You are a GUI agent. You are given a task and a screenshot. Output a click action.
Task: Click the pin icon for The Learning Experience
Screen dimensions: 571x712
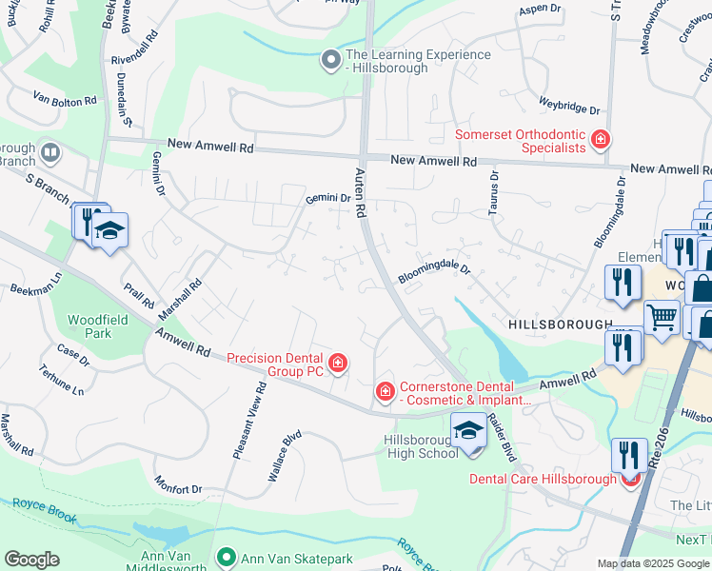(x=331, y=61)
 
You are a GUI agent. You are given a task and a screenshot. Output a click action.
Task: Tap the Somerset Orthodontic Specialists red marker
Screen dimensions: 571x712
(x=601, y=141)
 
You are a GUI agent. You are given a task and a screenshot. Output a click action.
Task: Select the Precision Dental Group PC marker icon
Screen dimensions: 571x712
(x=337, y=363)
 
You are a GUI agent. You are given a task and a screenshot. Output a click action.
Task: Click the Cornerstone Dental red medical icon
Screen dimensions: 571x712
(x=385, y=391)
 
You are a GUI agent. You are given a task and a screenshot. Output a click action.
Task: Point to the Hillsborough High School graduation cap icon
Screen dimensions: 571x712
(x=467, y=431)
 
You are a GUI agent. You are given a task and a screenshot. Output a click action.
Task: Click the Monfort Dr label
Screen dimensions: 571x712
(x=178, y=488)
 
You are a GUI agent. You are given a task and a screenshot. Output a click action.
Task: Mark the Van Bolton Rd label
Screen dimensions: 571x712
(x=65, y=99)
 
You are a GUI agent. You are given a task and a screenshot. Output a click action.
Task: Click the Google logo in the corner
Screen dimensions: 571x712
(x=31, y=560)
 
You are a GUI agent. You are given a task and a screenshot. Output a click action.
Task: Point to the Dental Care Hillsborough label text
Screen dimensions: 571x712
(x=543, y=479)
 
